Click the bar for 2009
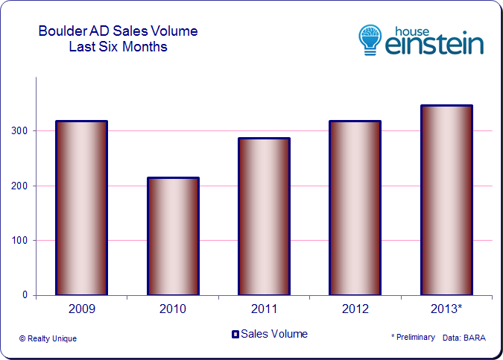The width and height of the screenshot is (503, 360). coord(81,208)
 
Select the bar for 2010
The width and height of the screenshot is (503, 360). coord(173,236)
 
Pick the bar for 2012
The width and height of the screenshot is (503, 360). coord(355,208)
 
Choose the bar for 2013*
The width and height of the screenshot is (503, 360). coord(446,200)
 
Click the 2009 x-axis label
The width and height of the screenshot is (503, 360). coord(81,308)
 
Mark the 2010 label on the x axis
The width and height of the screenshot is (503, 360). coord(173,308)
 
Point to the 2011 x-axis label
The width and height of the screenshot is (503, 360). coord(264,308)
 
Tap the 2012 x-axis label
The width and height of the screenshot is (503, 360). coord(355,308)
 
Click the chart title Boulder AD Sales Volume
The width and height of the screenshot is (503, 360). coord(118,31)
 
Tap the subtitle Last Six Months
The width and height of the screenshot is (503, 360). coord(118,47)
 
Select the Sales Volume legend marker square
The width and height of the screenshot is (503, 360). coord(235,334)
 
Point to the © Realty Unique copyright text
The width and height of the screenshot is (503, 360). coord(48,338)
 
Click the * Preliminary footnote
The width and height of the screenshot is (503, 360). coord(413,338)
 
